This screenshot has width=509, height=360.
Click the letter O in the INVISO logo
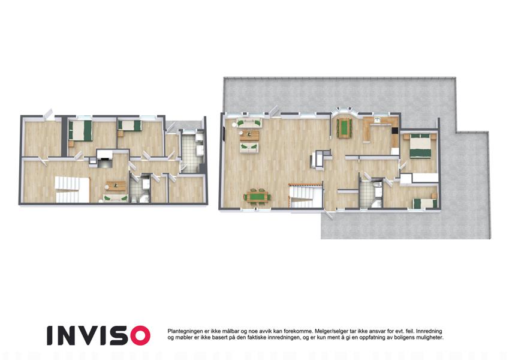139,335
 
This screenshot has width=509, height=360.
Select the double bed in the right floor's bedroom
420,146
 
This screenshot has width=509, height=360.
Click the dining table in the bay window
344,128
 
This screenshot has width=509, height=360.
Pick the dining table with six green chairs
257,197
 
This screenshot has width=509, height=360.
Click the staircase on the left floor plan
72,190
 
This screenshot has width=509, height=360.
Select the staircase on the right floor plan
306,195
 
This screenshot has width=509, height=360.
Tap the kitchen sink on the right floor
378,121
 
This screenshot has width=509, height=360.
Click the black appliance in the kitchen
394,131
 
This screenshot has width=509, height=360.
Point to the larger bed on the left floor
80,131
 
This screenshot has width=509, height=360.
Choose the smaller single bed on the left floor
129,126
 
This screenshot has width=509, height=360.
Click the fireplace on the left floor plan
104,158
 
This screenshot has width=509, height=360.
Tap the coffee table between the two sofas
249,135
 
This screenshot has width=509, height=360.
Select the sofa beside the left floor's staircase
116,198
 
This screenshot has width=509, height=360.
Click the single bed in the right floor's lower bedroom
425,203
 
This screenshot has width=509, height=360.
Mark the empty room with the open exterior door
43,139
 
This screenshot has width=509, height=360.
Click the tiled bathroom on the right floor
371,194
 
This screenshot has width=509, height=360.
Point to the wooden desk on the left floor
116,186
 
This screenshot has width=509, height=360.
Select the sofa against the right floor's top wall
249,124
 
